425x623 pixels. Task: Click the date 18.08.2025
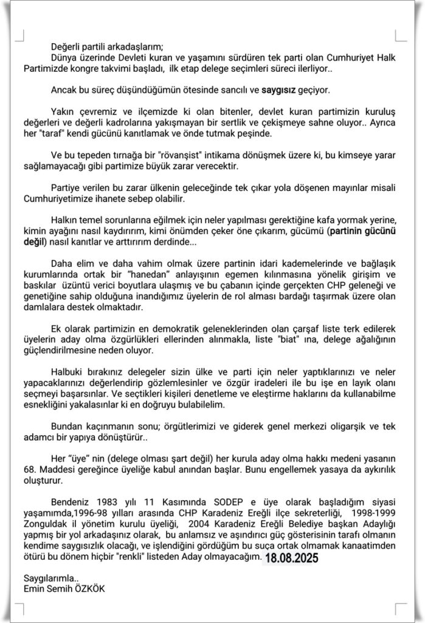[291, 558]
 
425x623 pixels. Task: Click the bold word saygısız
[279, 91]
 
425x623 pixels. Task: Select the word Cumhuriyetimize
[57, 198]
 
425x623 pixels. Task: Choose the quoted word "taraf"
[77, 133]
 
